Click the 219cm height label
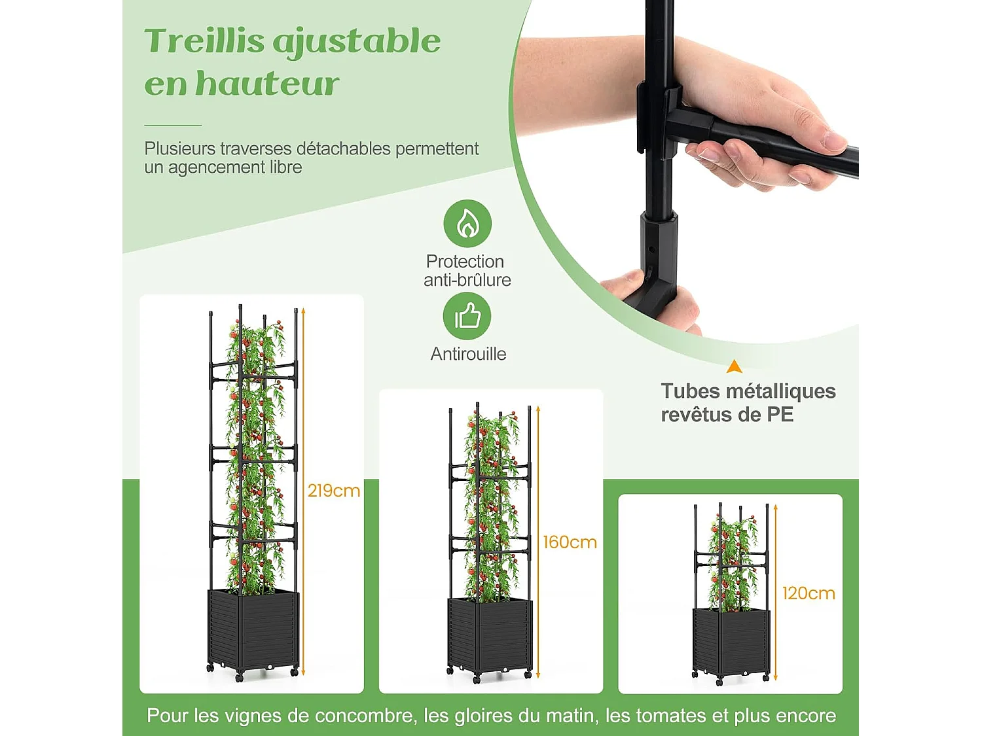click(x=334, y=491)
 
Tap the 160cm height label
click(x=570, y=542)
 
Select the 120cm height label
click(x=809, y=593)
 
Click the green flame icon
click(x=467, y=224)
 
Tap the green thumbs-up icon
click(x=467, y=316)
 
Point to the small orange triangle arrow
click(x=735, y=366)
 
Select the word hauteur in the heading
click(x=268, y=83)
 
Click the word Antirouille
click(x=468, y=354)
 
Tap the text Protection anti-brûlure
click(x=467, y=270)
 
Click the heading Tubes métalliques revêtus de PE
click(x=748, y=402)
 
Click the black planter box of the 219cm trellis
click(x=253, y=630)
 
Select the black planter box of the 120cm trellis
click(x=731, y=642)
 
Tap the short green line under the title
click(x=173, y=125)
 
